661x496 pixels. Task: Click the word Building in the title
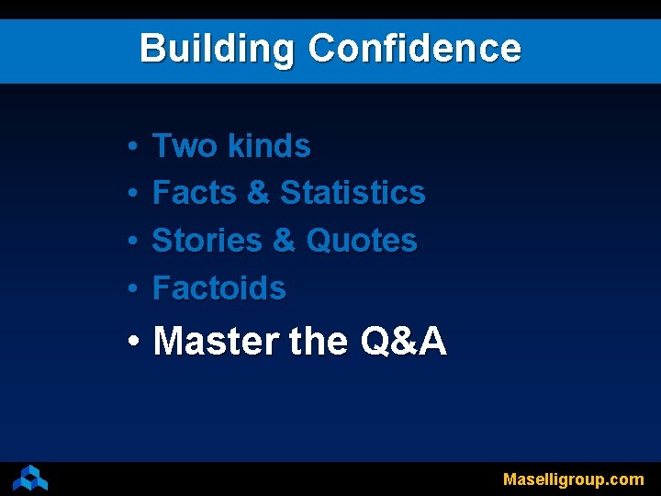pos(217,49)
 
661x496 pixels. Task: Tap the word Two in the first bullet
pos(185,146)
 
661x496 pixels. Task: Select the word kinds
pos(269,146)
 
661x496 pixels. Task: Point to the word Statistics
pos(353,194)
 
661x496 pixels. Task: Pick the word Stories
pos(207,242)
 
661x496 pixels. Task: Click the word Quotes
pos(362,242)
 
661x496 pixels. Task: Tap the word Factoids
pos(218,289)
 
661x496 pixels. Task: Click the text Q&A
pos(403,342)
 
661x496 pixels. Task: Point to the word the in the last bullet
pos(319,342)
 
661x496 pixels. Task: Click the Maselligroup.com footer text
pos(573,479)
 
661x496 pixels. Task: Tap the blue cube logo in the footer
pos(30,478)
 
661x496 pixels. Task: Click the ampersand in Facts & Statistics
pos(258,194)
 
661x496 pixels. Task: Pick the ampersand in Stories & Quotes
pos(284,242)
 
